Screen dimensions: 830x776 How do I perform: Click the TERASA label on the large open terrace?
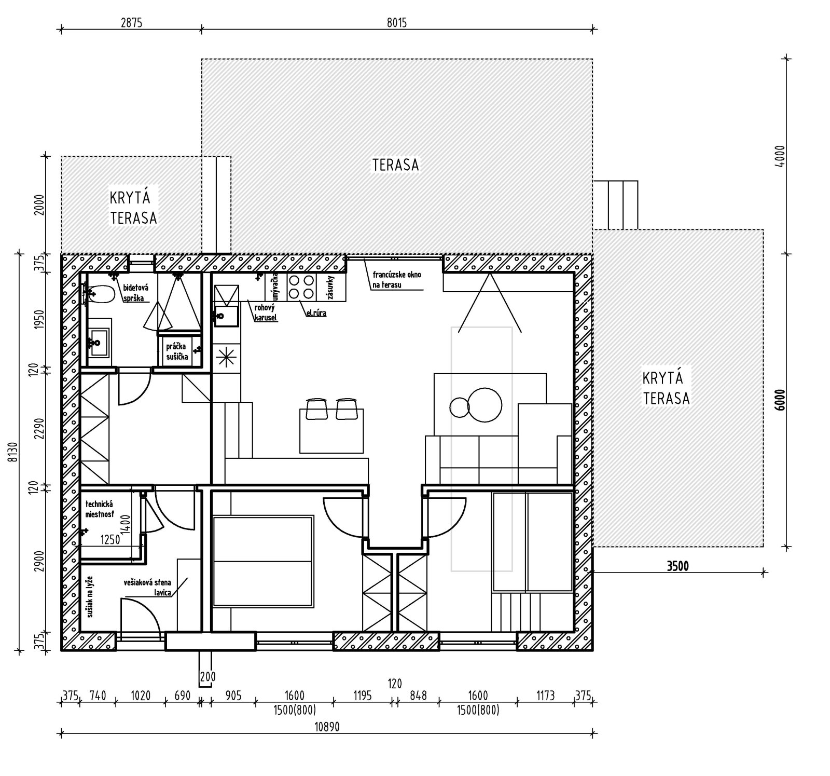[x=395, y=165]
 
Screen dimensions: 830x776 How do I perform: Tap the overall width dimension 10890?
[x=327, y=727]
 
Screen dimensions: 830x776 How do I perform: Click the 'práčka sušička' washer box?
[x=177, y=351]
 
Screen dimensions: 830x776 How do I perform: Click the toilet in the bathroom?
[x=100, y=295]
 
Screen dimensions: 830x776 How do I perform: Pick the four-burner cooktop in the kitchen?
[x=301, y=287]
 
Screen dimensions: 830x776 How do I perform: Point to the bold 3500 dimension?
[x=677, y=566]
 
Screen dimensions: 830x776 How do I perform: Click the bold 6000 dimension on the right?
[x=781, y=400]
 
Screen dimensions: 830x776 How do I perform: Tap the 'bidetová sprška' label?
[x=135, y=293]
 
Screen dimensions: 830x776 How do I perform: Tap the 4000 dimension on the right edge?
[x=781, y=156]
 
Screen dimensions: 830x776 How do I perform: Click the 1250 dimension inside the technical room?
[x=110, y=539]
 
